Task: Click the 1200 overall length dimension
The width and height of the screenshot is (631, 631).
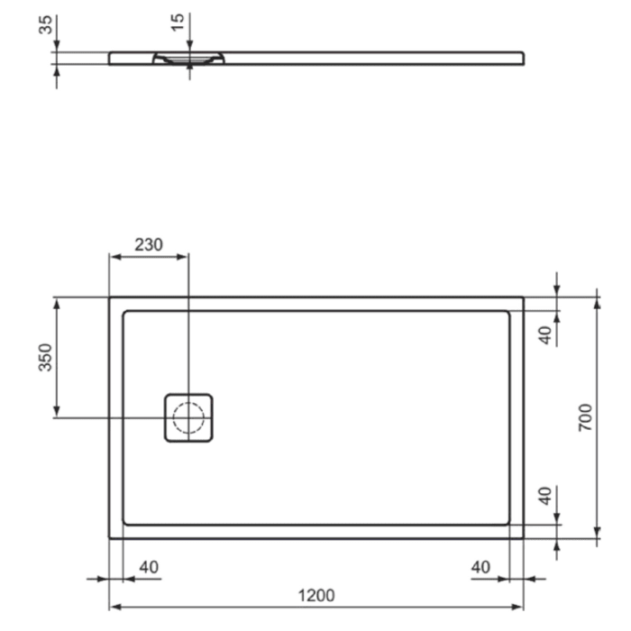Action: [315, 595]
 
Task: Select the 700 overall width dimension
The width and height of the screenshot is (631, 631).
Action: [585, 418]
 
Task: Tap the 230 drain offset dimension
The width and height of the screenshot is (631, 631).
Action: [149, 242]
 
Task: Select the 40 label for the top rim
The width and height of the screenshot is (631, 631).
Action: [544, 334]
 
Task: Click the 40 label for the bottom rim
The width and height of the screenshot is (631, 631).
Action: [544, 498]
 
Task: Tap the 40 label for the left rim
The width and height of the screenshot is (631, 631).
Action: [149, 567]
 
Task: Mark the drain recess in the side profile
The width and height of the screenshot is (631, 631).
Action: [188, 59]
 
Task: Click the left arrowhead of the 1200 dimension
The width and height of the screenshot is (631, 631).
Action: [114, 608]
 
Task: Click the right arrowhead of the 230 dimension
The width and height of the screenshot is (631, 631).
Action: [184, 256]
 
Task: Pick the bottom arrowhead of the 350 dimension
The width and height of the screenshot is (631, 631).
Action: [57, 413]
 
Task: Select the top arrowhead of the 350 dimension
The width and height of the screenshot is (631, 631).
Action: [57, 303]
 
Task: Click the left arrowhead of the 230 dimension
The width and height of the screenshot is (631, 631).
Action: [114, 256]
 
